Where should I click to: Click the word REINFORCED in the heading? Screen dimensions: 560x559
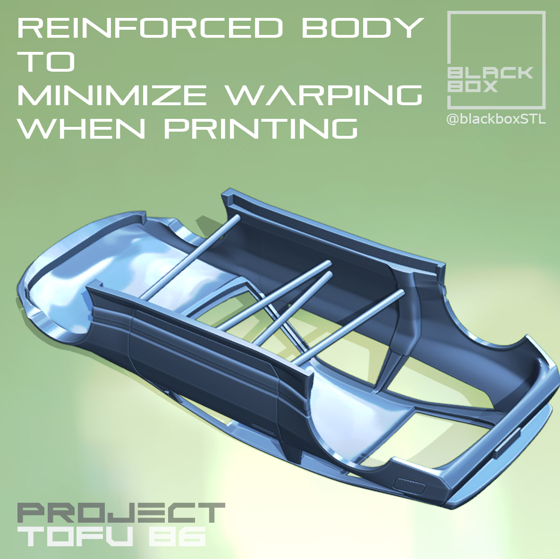click(x=150, y=27)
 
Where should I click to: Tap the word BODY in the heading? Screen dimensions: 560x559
click(x=363, y=27)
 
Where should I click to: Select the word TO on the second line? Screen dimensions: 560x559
click(x=46, y=61)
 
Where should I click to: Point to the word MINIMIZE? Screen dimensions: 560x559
click(x=112, y=95)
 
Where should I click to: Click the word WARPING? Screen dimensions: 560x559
click(x=324, y=95)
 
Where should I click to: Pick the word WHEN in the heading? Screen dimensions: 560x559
click(x=81, y=128)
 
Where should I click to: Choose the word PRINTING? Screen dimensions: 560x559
click(x=261, y=128)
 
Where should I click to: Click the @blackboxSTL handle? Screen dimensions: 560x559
click(x=496, y=119)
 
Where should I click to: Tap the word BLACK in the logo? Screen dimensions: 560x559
click(x=490, y=73)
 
